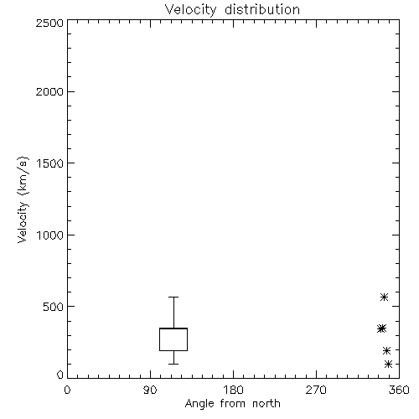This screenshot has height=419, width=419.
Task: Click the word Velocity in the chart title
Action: coord(191,10)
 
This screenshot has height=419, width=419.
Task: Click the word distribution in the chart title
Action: coord(262,9)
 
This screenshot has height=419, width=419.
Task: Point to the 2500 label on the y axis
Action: coord(50,23)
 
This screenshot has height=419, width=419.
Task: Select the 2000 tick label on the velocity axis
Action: coord(50,92)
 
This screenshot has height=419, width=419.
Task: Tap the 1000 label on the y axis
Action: coord(50,235)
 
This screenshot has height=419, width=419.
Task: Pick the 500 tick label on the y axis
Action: coord(54,307)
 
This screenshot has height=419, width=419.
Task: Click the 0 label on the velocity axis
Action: coord(60,375)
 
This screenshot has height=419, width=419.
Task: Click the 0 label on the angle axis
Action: coord(67,390)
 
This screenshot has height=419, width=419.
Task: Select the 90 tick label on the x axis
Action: coord(150,390)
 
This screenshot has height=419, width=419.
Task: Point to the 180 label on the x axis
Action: coord(233,390)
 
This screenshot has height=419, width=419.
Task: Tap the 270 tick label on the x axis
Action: coord(316,390)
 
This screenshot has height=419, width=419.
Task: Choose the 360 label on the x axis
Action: coord(399,390)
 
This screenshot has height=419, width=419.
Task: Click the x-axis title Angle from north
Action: coord(233,404)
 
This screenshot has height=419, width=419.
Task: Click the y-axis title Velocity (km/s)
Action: coord(23,199)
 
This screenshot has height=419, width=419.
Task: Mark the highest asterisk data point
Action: coord(384,297)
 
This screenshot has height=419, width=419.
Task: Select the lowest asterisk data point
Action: coord(388,364)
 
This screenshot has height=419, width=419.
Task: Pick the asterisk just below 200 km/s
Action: coord(386,350)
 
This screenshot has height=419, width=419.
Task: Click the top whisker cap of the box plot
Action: coord(173,297)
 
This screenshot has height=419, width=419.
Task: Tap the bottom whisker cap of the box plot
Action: coord(173,364)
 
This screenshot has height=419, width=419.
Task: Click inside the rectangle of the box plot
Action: coord(173,339)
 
